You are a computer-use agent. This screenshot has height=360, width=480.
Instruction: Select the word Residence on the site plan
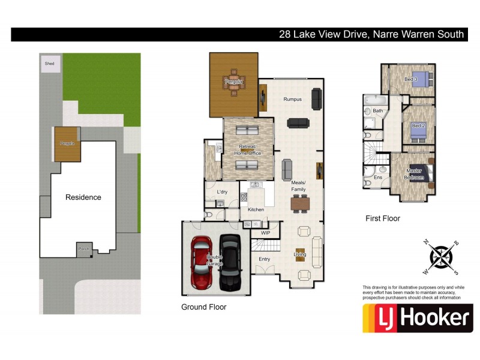83,197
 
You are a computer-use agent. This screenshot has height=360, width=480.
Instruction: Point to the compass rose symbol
442,253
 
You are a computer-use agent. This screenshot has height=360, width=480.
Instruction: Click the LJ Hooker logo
417,318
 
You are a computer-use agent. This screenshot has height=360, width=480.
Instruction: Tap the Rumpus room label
292,99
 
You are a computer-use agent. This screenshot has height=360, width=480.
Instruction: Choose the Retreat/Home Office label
248,150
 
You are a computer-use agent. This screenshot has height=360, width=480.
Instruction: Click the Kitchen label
256,209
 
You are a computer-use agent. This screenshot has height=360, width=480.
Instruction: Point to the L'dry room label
222,192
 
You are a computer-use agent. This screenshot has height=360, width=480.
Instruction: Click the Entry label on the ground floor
264,259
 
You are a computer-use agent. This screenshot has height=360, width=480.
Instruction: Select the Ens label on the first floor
378,178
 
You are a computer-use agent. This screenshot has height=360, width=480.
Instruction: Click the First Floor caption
382,218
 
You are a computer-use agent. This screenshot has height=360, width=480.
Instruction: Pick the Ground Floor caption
203,307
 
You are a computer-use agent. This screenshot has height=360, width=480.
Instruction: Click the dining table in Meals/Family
299,203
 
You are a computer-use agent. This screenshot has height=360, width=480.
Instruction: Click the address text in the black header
371,34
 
